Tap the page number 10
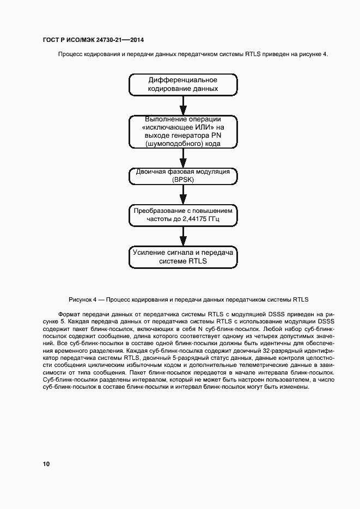tap(46, 464)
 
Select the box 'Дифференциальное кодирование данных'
tap(183, 84)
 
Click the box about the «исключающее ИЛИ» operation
tap(183, 131)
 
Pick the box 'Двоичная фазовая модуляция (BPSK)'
tap(183, 175)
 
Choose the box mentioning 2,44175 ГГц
tap(183, 214)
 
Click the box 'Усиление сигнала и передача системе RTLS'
tap(183, 257)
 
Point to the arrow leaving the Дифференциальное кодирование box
tap(183, 103)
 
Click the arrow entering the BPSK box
tap(183, 158)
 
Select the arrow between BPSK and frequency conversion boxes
tap(183, 193)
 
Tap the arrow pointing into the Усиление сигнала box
tap(183, 236)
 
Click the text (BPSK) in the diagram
tap(183, 180)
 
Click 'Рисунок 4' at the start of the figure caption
tap(83, 299)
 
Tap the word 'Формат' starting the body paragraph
tap(69, 314)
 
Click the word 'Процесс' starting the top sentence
tap(71, 54)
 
